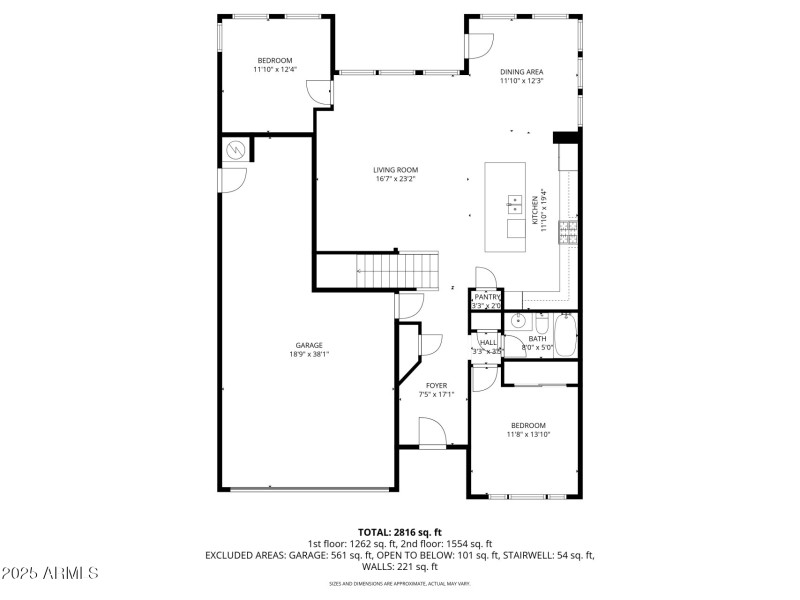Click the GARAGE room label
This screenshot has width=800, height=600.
tap(308, 345)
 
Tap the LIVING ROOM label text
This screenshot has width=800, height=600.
tap(396, 170)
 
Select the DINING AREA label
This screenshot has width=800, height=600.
tap(521, 72)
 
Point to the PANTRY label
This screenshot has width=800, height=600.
tap(487, 297)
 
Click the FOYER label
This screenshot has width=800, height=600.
tap(436, 385)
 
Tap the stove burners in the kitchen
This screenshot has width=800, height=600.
tap(569, 233)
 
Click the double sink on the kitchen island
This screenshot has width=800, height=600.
tap(515, 205)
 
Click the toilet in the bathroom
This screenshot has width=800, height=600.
tap(541, 325)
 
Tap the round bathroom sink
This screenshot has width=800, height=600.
tap(518, 321)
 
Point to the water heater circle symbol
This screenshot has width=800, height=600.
tap(236, 150)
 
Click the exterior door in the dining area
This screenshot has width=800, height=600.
tap(479, 45)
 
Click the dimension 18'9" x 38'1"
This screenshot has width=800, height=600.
tap(308, 354)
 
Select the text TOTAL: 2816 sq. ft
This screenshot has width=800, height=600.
tap(400, 532)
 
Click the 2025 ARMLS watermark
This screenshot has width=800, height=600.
tap(50, 573)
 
